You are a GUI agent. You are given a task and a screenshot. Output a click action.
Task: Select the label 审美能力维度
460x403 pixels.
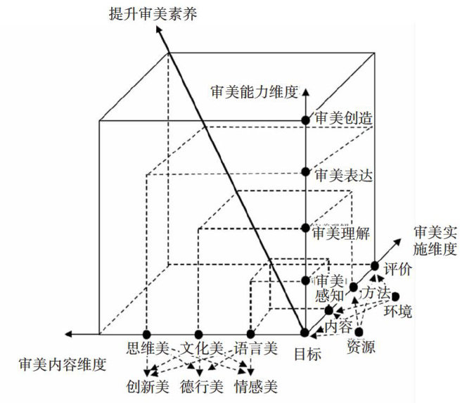255,91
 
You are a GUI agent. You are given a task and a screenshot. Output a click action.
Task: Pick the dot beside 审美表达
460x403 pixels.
305,172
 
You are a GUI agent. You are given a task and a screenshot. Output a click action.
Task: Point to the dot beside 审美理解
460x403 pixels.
305,228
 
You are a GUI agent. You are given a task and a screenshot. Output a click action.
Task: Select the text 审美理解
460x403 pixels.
341,231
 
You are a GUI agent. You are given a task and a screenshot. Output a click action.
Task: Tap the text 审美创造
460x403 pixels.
341,120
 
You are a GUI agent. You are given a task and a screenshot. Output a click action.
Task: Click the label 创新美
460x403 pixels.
148,385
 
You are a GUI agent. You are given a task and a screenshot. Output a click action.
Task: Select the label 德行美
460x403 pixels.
200,385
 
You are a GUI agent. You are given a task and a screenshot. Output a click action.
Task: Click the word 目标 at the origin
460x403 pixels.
307,355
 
